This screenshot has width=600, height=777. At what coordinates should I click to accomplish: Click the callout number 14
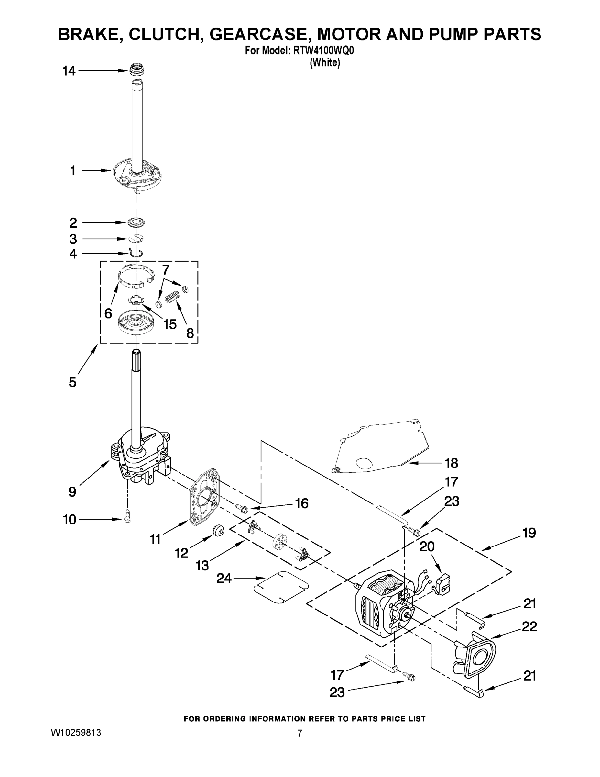pos(69,71)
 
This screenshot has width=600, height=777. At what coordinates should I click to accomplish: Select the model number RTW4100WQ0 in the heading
pos(323,51)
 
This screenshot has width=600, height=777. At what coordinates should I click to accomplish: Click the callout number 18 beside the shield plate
pos(452,463)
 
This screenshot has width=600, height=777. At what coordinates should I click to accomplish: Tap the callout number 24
pos(224,579)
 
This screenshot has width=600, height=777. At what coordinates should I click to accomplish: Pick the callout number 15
pos(170,324)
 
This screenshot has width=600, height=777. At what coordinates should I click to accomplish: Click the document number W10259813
pos(76,733)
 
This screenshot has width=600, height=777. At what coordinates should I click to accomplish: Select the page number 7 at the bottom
pos(300,733)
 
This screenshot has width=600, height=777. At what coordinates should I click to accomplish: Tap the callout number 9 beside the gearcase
pos(72,492)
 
